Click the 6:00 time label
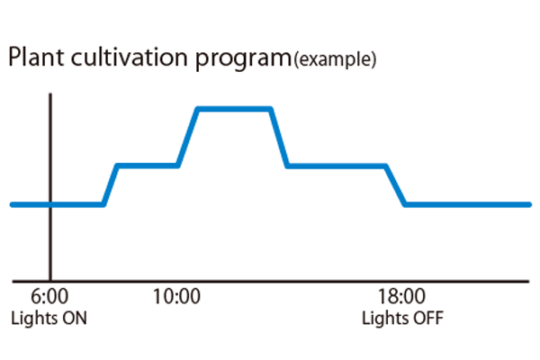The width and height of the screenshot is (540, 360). click(50, 298)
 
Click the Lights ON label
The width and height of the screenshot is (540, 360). click(49, 319)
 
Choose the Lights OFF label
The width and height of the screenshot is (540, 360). click(402, 319)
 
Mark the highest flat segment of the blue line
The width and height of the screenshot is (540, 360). click(234, 109)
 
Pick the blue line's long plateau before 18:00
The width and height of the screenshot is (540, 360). click(337, 166)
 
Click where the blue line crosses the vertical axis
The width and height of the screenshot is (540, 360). click(50, 204)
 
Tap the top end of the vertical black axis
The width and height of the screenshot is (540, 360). click(50, 93)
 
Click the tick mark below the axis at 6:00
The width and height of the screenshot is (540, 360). click(50, 283)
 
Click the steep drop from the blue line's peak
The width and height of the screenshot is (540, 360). click(279, 137)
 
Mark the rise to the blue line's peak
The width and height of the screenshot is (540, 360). click(187, 137)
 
